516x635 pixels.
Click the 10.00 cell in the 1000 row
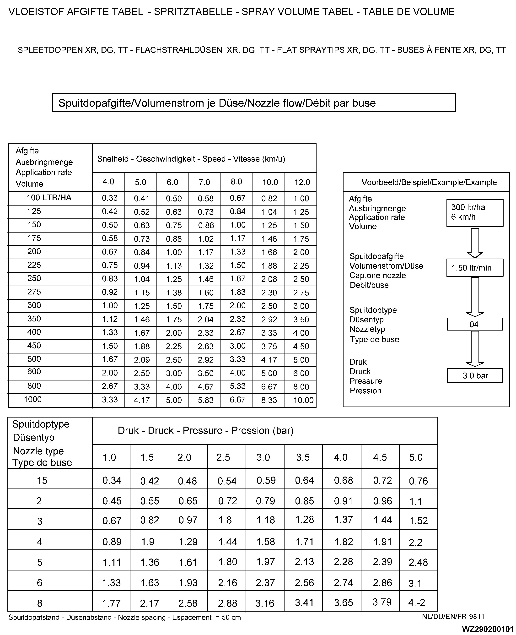coord(303,400)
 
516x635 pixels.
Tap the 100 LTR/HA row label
coord(49,198)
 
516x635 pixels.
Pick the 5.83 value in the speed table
coord(206,400)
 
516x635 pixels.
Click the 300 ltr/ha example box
coord(474,212)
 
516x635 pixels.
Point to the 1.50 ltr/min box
coord(474,268)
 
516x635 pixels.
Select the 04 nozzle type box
coord(474,324)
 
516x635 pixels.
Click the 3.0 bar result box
coord(475,376)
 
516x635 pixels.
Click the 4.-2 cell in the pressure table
coord(416,602)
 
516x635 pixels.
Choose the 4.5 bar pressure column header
coord(380,457)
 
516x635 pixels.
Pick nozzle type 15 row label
coord(42,480)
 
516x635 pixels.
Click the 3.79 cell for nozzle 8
coord(382,602)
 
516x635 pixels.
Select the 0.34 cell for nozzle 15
coord(112,480)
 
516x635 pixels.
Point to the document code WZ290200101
coord(488,629)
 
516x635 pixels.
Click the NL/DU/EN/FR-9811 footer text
coord(453,617)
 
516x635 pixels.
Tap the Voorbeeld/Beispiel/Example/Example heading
coord(429,182)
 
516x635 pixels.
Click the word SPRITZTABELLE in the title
coord(193,12)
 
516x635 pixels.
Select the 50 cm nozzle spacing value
coord(231,618)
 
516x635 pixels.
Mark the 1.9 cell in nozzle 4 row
coord(148,542)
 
